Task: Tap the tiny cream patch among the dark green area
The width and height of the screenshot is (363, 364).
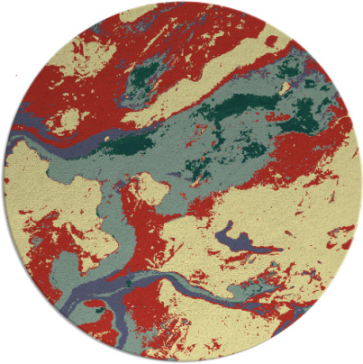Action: pos(286,88)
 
